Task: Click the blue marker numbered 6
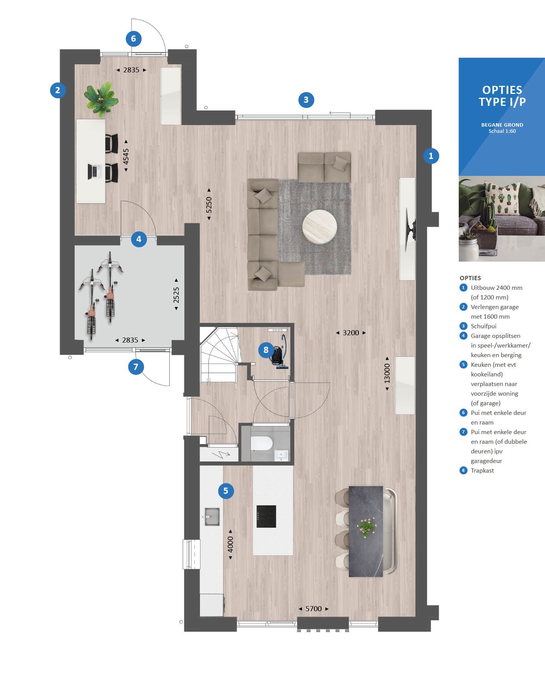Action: [133, 38]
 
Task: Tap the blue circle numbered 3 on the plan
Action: [306, 100]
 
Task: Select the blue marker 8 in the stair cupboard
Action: [266, 350]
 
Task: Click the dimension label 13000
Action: [387, 373]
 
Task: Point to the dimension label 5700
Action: [313, 608]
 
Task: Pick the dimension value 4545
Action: [126, 156]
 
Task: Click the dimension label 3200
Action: [351, 333]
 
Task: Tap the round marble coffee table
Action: [320, 227]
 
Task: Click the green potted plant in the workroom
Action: [101, 99]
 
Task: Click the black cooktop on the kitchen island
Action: [266, 516]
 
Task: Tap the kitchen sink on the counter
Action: [211, 517]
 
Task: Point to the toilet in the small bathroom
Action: [262, 443]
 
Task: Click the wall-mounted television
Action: [411, 229]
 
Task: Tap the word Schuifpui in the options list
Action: [483, 326]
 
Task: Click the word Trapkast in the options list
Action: [482, 470]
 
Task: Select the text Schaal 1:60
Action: [502, 131]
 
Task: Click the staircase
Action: [218, 354]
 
